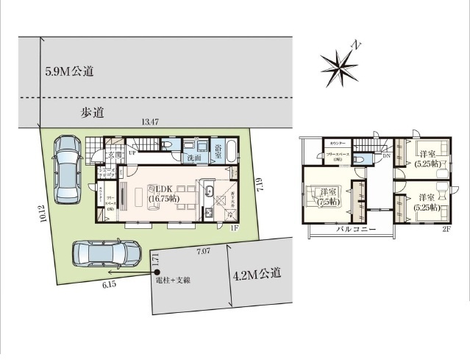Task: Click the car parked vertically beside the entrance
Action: [x=66, y=163]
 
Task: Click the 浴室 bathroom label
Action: [x=219, y=151]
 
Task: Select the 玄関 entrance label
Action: [x=115, y=155]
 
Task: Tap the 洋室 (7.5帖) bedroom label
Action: [x=330, y=197]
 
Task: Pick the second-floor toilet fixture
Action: [x=358, y=160]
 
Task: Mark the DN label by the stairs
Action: [x=386, y=156]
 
